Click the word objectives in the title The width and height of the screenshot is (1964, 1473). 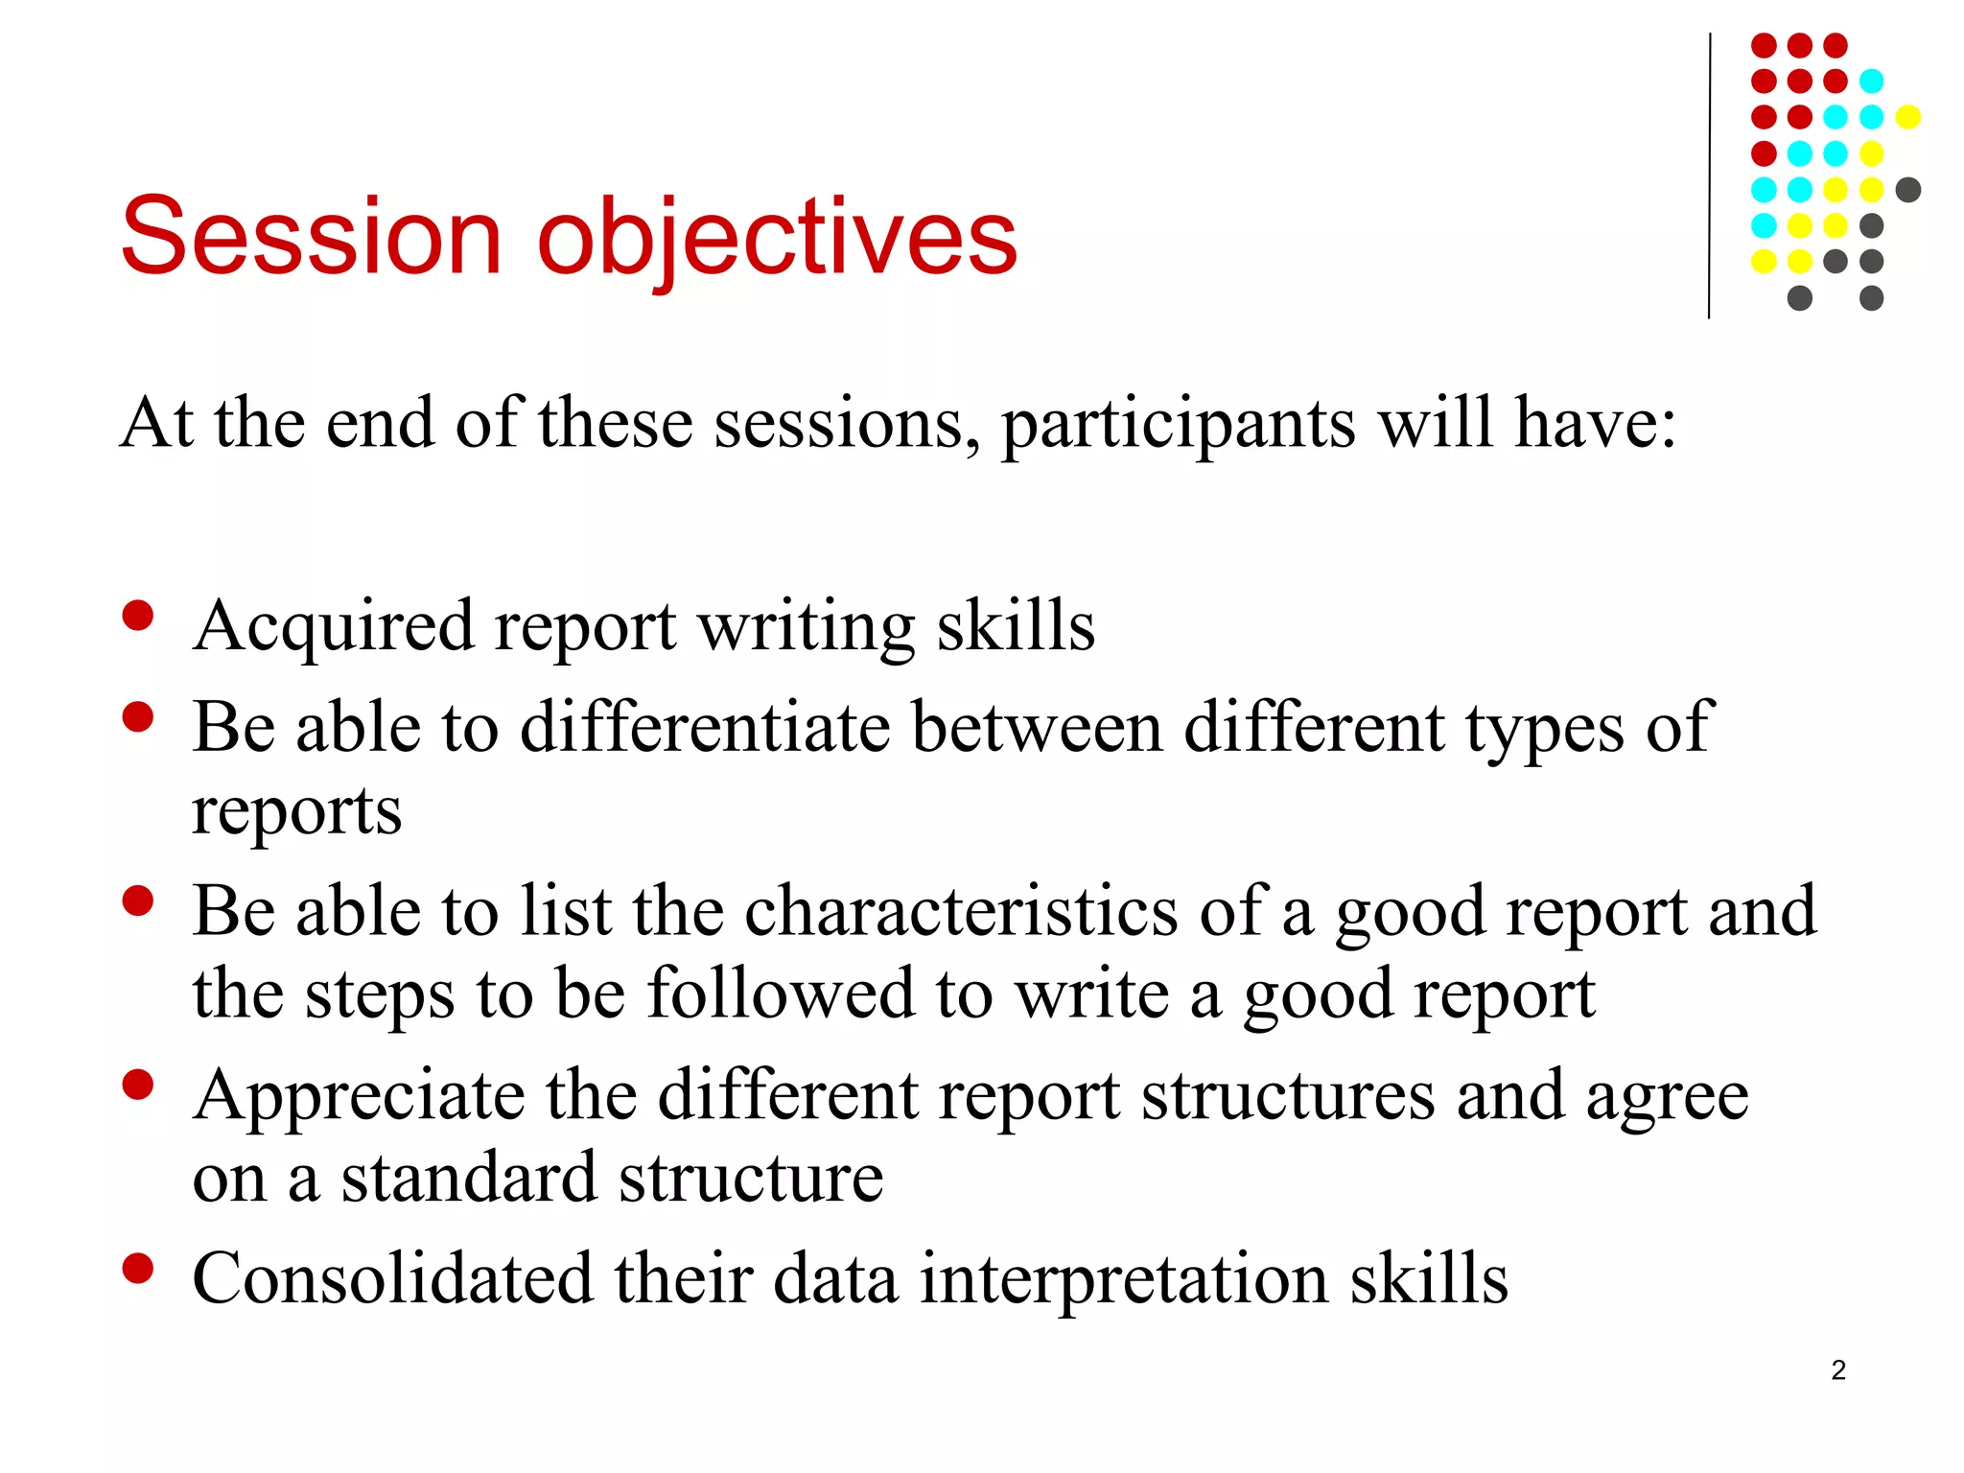pyautogui.click(x=777, y=238)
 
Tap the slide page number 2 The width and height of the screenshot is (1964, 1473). pyautogui.click(x=1837, y=1369)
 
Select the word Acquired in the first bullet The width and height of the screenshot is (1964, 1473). pyautogui.click(x=333, y=627)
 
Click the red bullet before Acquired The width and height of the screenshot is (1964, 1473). pyautogui.click(x=138, y=616)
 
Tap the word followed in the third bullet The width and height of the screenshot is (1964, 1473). pyautogui.click(x=781, y=994)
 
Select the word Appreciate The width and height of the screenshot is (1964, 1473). pyautogui.click(x=359, y=1095)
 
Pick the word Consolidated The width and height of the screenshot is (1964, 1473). pyautogui.click(x=392, y=1279)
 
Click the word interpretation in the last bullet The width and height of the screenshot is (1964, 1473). pyautogui.click(x=1123, y=1279)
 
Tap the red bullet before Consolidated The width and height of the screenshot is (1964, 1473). pyautogui.click(x=138, y=1268)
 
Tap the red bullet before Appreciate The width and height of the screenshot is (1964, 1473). pyautogui.click(x=138, y=1085)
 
